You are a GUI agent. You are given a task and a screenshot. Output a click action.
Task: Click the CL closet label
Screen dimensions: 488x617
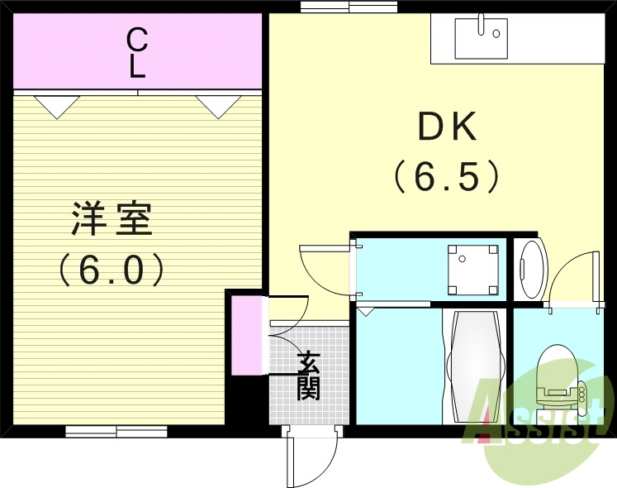pos(137,52)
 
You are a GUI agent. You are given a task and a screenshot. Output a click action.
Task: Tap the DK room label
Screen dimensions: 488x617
pos(446,127)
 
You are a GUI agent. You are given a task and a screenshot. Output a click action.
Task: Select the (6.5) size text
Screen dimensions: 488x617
pos(446,175)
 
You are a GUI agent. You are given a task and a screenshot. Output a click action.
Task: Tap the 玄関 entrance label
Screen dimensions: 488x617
pos(309,376)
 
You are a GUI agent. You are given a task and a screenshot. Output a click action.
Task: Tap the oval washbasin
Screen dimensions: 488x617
pos(531,269)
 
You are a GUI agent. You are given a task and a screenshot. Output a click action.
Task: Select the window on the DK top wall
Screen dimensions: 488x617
pos(349,7)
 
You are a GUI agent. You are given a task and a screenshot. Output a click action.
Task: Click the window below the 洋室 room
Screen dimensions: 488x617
pos(116,431)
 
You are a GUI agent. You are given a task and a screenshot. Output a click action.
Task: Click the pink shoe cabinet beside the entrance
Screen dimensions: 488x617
pos(245,334)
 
